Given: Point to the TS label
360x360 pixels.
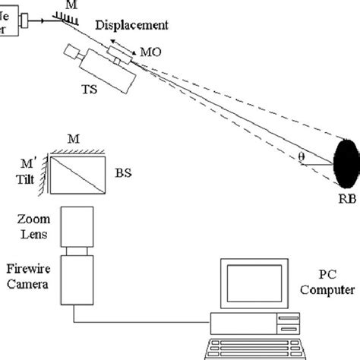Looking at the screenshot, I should tap(90, 88).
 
